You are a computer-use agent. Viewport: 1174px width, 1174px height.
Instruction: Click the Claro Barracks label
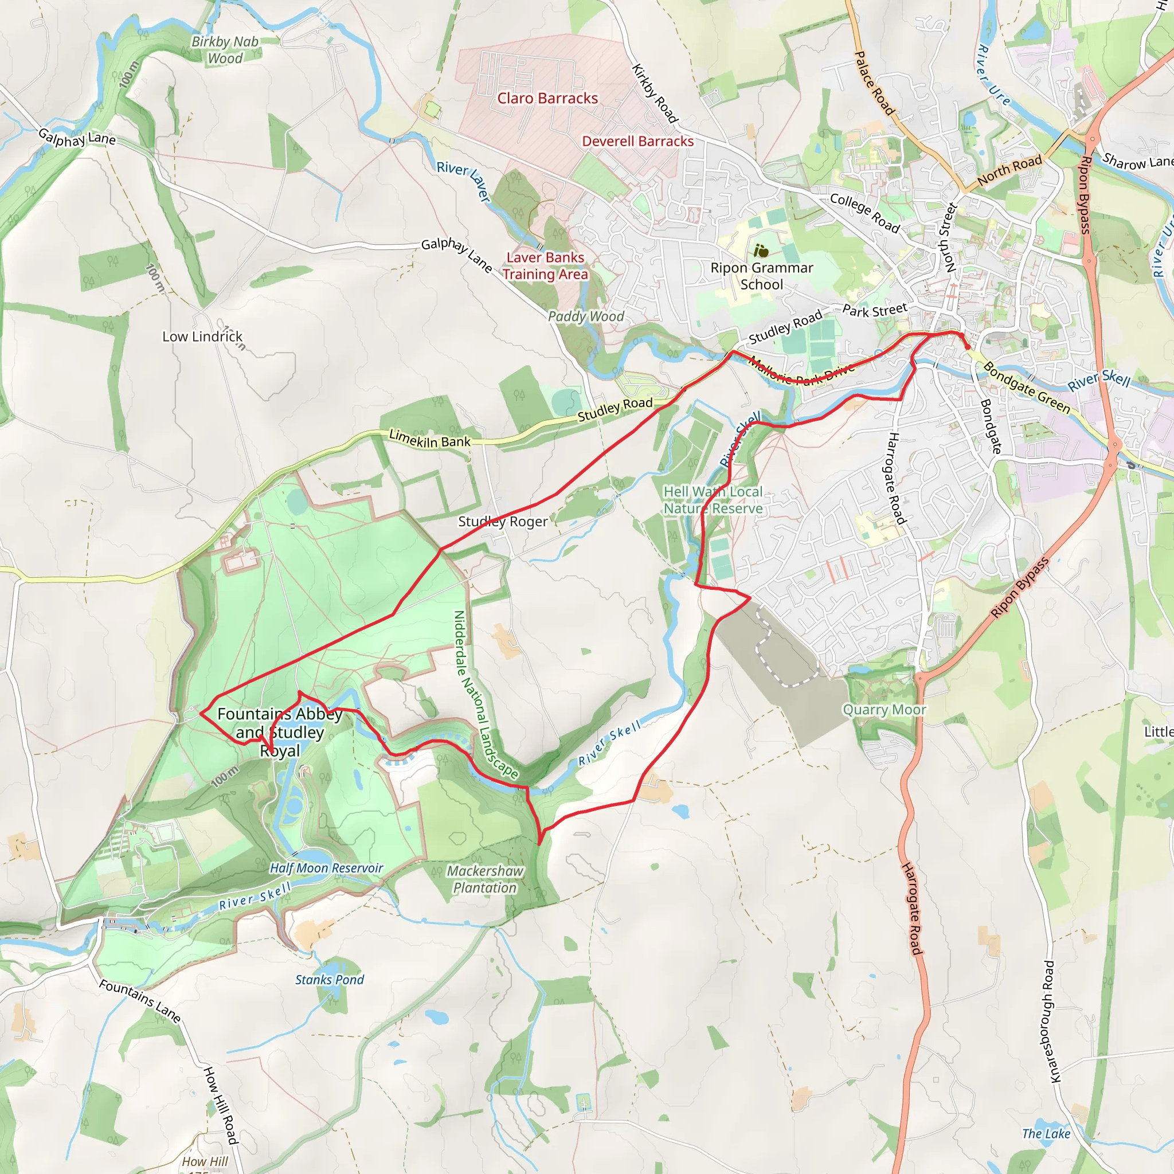click(x=547, y=99)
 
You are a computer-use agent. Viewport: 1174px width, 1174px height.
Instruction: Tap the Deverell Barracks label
click(x=637, y=142)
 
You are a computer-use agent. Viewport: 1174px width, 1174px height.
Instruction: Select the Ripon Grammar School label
click(x=761, y=276)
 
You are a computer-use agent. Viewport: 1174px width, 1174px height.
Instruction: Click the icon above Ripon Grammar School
click(x=761, y=251)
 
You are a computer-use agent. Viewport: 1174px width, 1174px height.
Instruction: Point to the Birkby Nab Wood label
click(x=225, y=50)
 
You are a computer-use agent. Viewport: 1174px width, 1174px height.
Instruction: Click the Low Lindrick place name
click(x=202, y=336)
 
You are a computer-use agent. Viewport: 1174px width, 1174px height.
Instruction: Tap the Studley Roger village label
click(x=503, y=522)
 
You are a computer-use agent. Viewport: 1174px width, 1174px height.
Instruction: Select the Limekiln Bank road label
click(x=429, y=439)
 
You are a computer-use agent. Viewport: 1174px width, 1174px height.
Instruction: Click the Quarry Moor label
click(x=884, y=710)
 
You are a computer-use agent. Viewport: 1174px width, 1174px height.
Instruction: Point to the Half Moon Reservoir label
click(x=326, y=868)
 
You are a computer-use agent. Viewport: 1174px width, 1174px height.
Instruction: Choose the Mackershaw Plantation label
click(x=485, y=879)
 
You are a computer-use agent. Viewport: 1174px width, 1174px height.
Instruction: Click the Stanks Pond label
click(x=330, y=980)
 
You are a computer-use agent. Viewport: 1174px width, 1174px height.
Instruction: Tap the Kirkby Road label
click(x=655, y=93)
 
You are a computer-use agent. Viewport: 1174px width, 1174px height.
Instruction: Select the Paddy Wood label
click(x=586, y=316)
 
